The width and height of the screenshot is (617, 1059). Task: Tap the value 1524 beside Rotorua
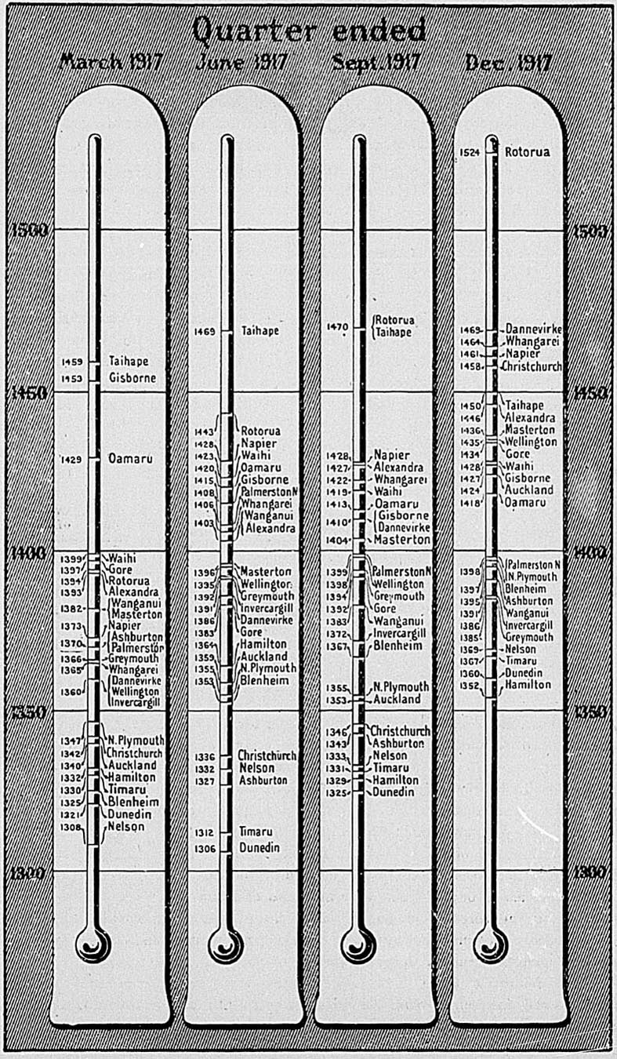[x=470, y=152]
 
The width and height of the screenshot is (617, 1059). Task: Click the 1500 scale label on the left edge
[x=27, y=230]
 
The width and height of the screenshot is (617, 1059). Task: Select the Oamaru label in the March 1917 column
[x=131, y=458]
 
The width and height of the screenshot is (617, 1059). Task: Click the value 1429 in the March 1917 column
[x=71, y=459]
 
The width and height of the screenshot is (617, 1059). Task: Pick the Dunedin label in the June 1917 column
[x=260, y=848]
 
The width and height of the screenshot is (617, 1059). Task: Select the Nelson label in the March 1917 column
[x=126, y=826]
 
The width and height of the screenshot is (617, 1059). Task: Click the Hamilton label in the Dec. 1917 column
[x=528, y=685]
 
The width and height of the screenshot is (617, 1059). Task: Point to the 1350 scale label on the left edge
[x=27, y=711]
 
